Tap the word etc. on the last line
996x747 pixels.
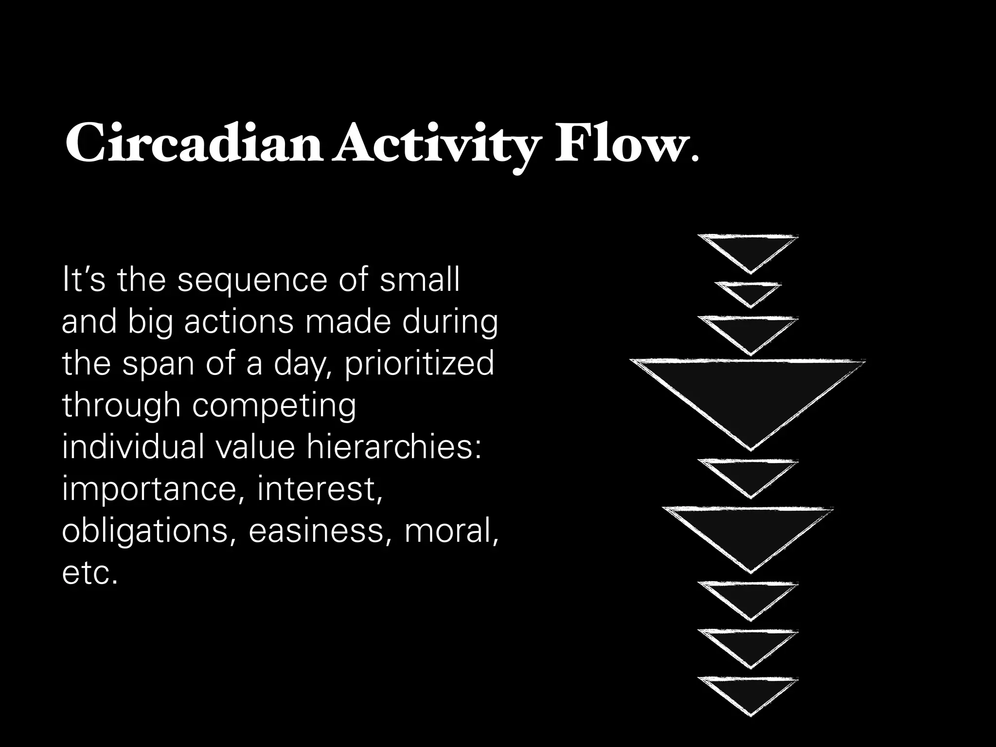[x=90, y=573]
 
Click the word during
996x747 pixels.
[x=450, y=322]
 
